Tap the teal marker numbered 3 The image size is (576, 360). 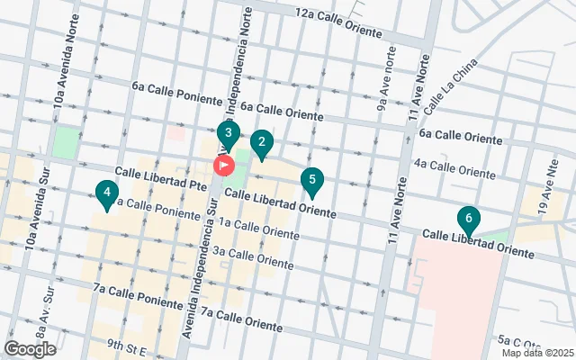pyautogui.click(x=229, y=137)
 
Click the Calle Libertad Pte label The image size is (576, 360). pyautogui.click(x=160, y=176)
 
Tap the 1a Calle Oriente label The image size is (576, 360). pyautogui.click(x=258, y=229)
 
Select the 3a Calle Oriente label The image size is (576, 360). pyautogui.click(x=253, y=258)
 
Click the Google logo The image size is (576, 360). pyautogui.click(x=30, y=349)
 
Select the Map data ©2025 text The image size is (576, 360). pyautogui.click(x=537, y=353)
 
